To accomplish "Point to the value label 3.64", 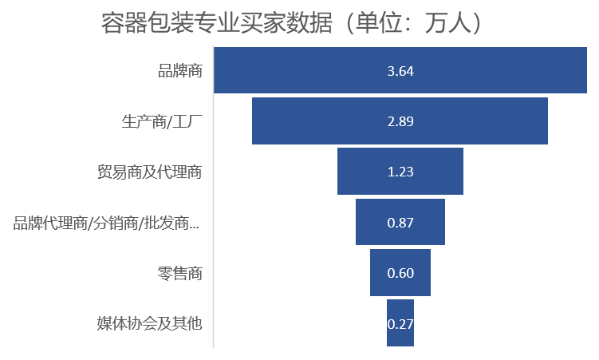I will coord(400,71).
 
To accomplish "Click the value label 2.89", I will coord(400,121).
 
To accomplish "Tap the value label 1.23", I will coord(400,172).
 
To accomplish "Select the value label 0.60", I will coord(400,273).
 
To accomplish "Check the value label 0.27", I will coord(400,324).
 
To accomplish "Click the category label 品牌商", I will coord(179,71).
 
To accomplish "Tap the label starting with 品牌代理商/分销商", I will coord(106,223).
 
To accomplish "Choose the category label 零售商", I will coord(179,273).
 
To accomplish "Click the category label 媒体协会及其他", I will coord(149,323).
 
